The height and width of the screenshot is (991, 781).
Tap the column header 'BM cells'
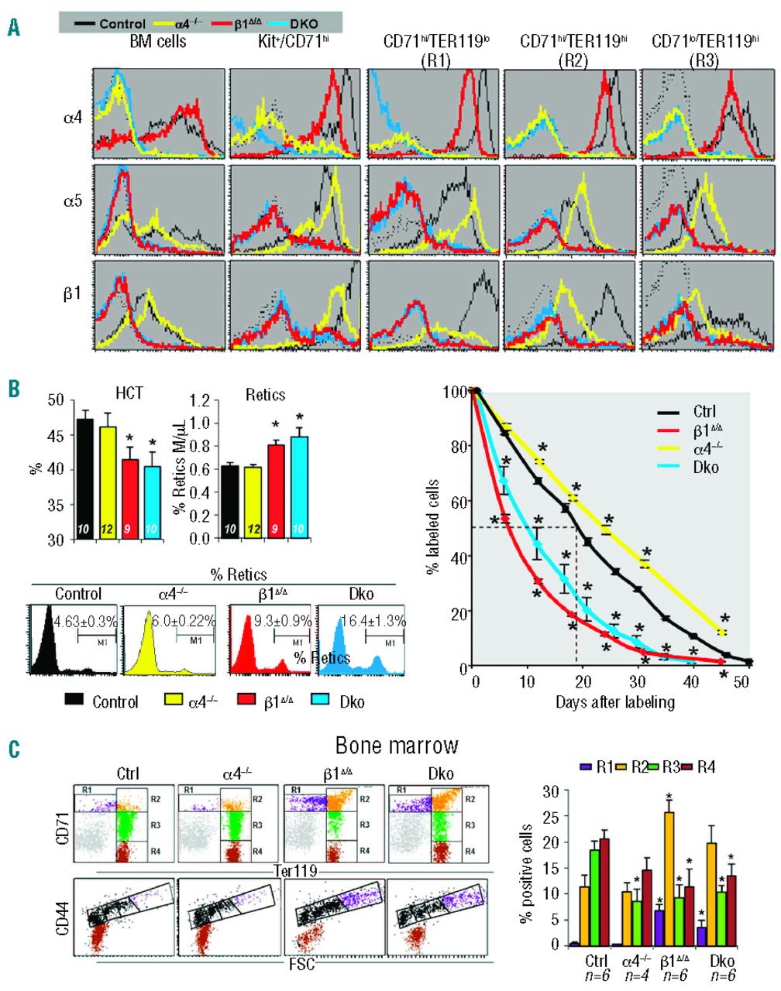(158, 42)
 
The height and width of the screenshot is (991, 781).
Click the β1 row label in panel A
(72, 293)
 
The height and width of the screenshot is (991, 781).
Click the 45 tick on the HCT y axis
(54, 436)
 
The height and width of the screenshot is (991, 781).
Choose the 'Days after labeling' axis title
(614, 702)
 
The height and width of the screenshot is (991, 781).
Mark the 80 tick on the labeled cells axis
(462, 447)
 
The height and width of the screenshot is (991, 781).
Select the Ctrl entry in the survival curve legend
(706, 411)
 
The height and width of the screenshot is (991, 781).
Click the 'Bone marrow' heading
(397, 746)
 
